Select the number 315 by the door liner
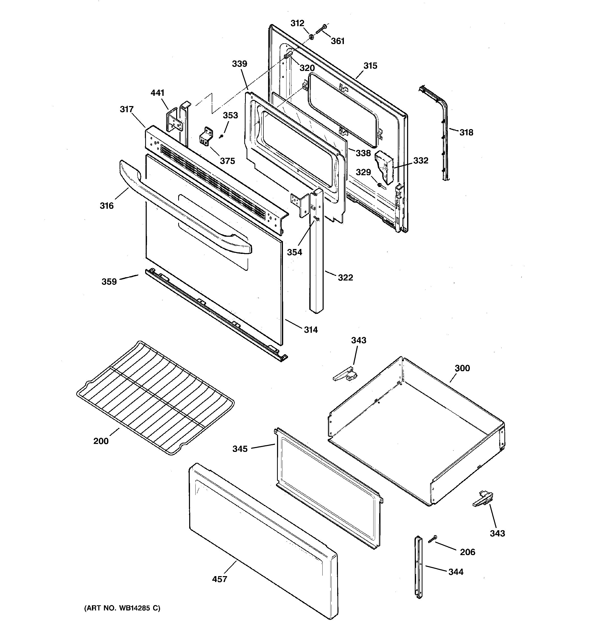click(x=370, y=66)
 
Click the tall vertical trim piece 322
click(x=316, y=255)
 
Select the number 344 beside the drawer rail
click(x=456, y=572)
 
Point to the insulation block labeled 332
click(x=385, y=168)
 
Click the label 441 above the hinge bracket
click(x=157, y=93)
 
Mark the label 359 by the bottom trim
click(x=109, y=282)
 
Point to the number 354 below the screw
click(x=294, y=252)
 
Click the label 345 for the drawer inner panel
click(x=240, y=449)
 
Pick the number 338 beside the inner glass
click(x=363, y=153)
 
